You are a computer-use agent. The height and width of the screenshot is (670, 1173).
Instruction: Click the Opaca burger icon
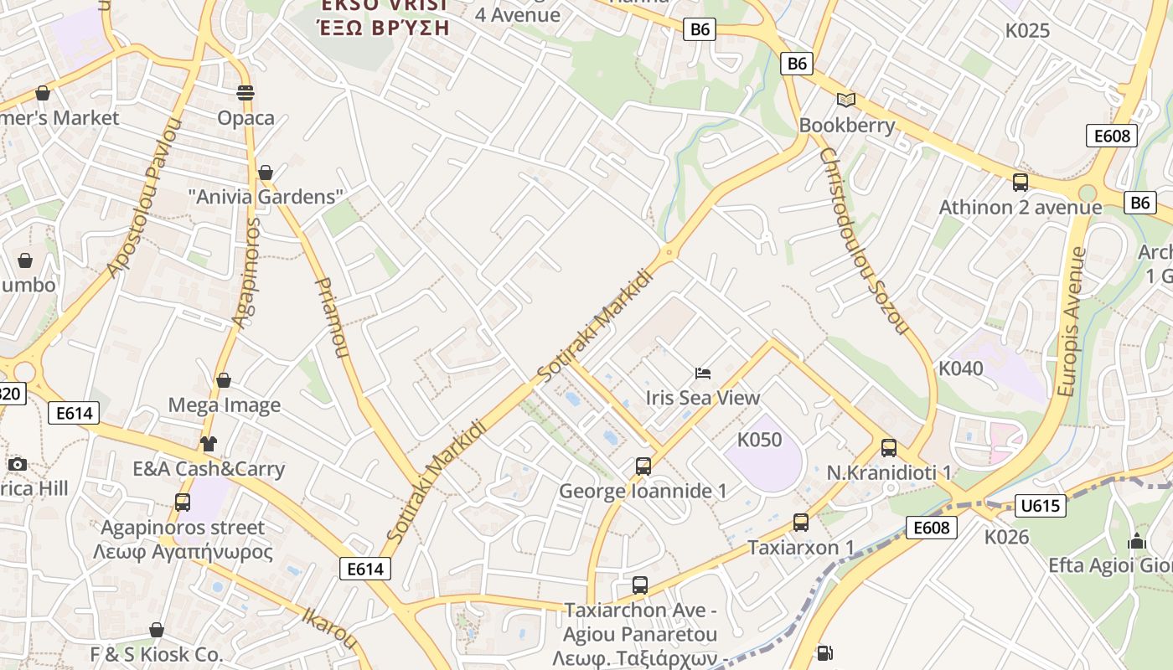coord(245,92)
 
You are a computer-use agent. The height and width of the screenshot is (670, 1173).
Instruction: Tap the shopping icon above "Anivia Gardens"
coord(266,173)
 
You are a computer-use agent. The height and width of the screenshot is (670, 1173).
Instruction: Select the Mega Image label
coord(225,405)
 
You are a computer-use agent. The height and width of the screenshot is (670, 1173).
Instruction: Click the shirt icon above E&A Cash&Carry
coord(208,444)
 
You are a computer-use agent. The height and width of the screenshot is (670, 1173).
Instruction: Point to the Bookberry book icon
coord(846,100)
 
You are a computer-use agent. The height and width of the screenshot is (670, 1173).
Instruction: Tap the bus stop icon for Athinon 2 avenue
coord(1020,182)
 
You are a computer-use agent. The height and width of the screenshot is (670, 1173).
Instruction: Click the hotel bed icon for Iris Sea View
coord(703,373)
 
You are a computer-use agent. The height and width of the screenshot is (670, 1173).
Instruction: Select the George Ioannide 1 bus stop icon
coord(643,466)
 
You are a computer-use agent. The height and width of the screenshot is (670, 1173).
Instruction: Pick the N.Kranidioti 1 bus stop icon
coord(889,448)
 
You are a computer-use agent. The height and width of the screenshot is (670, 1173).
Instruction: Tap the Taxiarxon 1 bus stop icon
coord(801,523)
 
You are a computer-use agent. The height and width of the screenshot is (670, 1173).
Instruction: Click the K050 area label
coord(759,440)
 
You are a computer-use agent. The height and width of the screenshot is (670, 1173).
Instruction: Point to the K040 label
coord(960,368)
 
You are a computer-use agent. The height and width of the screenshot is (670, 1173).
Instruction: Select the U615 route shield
coord(1041,505)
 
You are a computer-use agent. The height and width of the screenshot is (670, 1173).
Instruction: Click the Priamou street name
coord(330,318)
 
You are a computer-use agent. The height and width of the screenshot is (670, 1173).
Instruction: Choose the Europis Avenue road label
coord(1071,322)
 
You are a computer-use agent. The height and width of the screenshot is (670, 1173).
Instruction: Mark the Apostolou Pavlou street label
coord(144,198)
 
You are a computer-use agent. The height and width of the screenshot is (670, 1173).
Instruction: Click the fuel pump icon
coord(824,653)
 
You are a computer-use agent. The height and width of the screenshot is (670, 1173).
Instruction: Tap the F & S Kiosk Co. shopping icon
coord(157,630)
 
